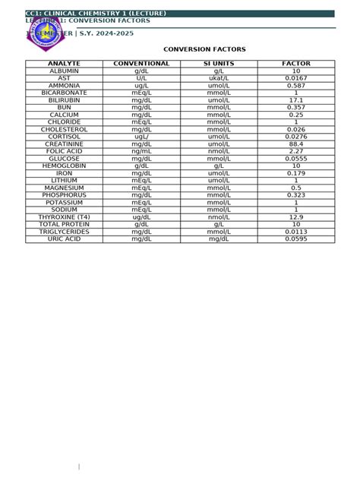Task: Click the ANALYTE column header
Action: [64, 64]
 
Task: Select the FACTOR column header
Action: [296, 64]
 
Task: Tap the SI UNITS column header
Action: [219, 64]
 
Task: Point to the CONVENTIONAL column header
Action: [141, 64]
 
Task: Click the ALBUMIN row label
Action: [64, 71]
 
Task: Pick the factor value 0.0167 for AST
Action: [296, 78]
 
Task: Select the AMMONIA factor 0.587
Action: [296, 86]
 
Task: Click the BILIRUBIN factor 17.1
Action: [296, 100]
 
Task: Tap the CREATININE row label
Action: [64, 144]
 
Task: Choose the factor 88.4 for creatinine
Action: [296, 144]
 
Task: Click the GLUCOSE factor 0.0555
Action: [296, 159]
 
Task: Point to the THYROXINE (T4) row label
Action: [64, 217]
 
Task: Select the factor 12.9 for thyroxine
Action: [296, 217]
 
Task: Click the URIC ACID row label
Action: [64, 239]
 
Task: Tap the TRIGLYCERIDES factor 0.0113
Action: [296, 232]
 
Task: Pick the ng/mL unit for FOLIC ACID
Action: [141, 151]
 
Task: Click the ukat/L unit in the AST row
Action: [219, 78]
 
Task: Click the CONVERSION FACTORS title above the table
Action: [205, 49]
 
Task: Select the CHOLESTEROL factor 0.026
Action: [296, 129]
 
